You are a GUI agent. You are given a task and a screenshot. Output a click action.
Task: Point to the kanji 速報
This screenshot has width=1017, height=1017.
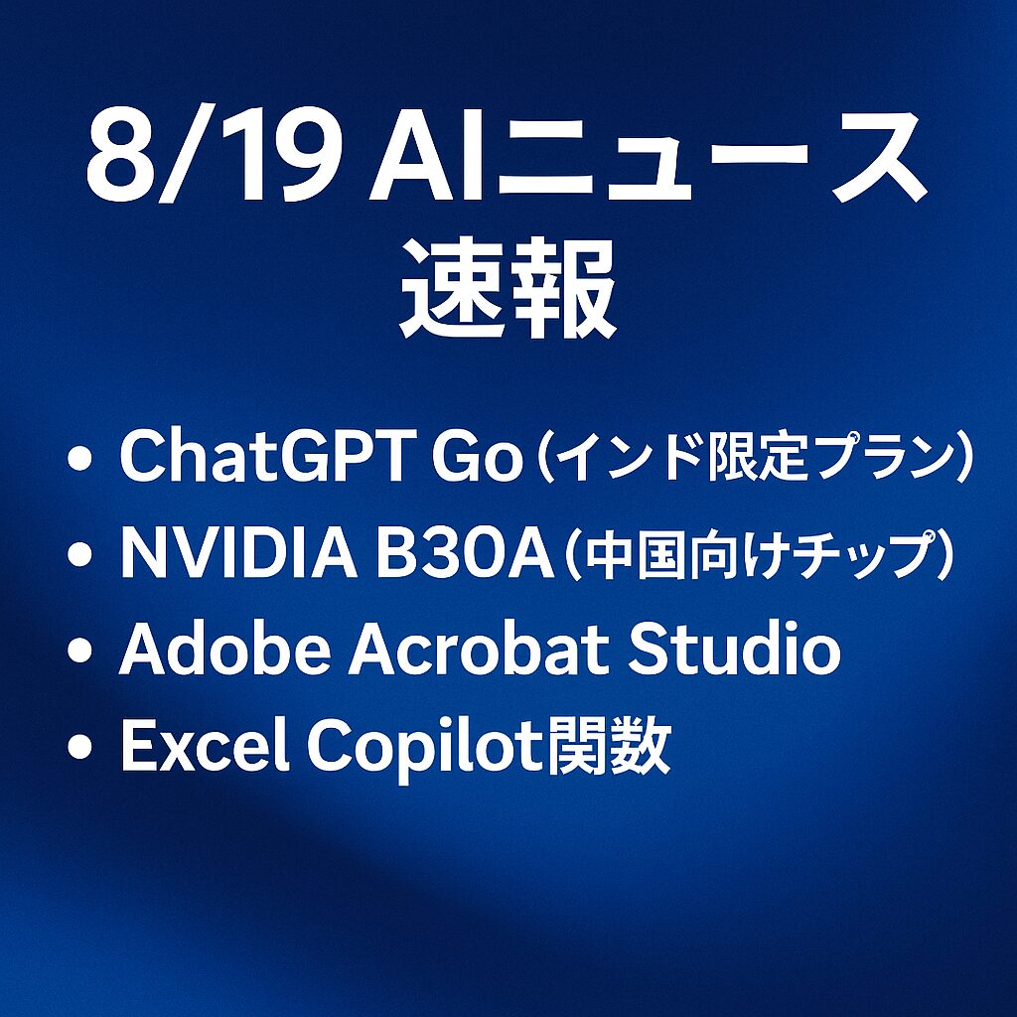tap(508, 288)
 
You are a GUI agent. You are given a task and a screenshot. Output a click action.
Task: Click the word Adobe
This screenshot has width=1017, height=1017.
tap(224, 651)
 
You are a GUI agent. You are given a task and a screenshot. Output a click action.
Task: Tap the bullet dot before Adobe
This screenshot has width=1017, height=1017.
tap(79, 652)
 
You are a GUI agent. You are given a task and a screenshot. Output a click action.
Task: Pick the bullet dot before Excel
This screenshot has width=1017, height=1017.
tap(79, 747)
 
